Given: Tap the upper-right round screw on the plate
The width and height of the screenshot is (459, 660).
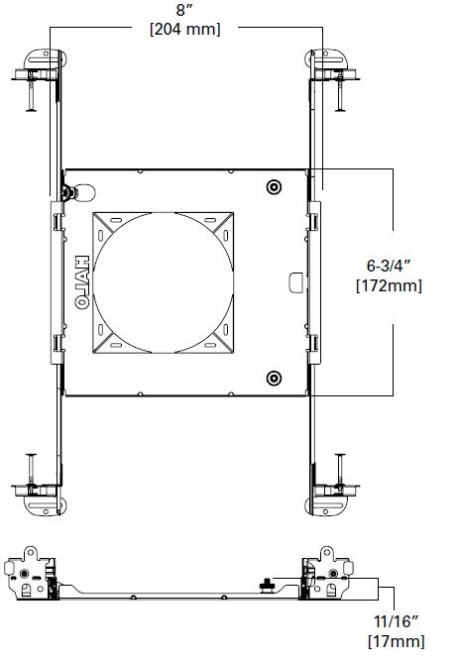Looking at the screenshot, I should point(274,187).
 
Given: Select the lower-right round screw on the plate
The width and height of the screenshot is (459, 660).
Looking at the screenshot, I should point(274,377).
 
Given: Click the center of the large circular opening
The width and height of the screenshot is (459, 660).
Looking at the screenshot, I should point(166,282).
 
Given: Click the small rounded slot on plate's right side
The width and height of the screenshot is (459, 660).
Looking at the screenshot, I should point(293,282).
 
